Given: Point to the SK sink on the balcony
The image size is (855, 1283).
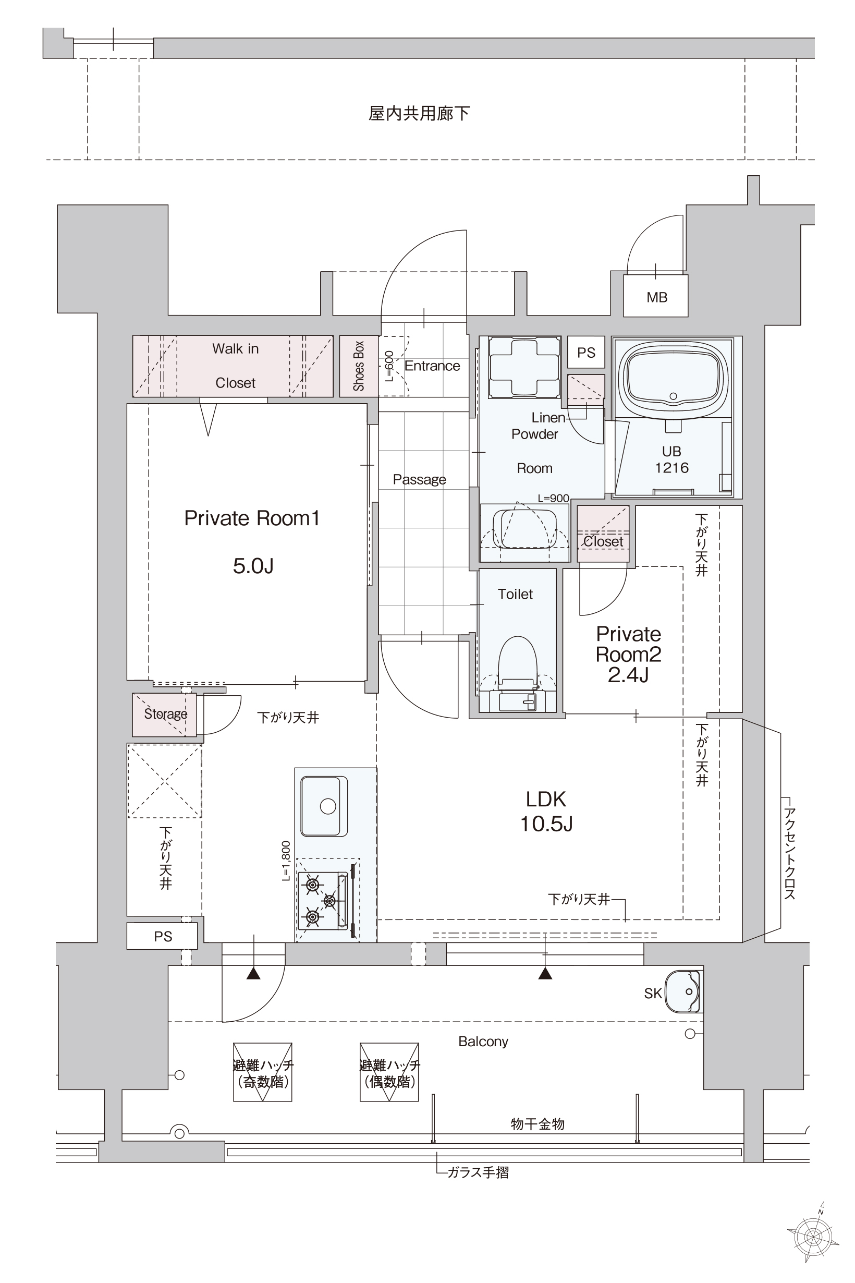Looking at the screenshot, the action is click(x=684, y=991).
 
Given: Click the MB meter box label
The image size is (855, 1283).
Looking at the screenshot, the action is click(x=656, y=297).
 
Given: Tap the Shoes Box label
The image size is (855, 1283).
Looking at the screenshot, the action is click(x=358, y=366).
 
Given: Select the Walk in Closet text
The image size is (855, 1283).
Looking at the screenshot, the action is click(x=235, y=366).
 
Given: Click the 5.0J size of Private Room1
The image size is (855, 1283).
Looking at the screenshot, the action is click(x=253, y=566).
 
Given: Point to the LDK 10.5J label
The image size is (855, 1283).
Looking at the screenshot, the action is click(x=546, y=811).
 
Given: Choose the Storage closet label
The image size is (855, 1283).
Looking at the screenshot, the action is click(x=165, y=713).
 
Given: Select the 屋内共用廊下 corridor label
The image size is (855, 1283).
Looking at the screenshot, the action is click(x=419, y=114).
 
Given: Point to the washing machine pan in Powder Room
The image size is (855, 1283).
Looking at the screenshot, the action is click(x=524, y=367).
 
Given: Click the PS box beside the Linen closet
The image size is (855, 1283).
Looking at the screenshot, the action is click(x=586, y=353).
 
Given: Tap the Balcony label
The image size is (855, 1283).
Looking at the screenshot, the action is click(x=483, y=1042).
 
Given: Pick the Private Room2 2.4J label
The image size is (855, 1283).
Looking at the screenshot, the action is click(x=628, y=654).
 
